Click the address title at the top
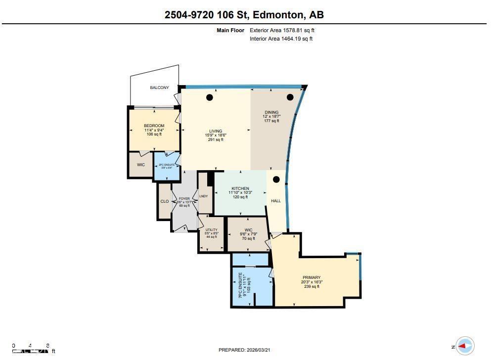point(244,15)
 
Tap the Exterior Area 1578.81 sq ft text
point(282,30)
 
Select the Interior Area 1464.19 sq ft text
point(281,39)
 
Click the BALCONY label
point(159,88)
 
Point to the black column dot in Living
point(210,97)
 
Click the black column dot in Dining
point(290,97)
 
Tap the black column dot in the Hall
point(276,180)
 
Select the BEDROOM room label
point(154,126)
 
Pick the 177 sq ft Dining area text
point(271,121)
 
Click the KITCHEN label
point(240,188)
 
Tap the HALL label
point(276,201)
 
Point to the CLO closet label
point(164,201)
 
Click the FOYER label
point(184,198)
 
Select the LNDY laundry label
point(203,196)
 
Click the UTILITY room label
point(211,229)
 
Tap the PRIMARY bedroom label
point(312,277)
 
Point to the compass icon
point(464,346)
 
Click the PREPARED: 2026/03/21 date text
point(244,350)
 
